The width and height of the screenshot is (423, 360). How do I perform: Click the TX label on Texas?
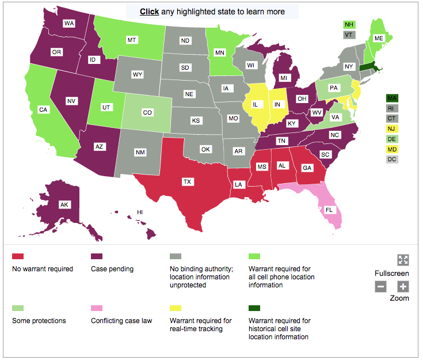187,182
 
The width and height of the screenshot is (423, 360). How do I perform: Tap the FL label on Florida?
329,210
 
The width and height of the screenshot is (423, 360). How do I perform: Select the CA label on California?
43,109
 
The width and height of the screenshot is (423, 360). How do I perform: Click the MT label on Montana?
131,40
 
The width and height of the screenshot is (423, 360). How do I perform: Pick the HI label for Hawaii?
139,213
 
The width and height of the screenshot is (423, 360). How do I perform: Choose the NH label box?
349,24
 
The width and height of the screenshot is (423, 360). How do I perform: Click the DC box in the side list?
392,159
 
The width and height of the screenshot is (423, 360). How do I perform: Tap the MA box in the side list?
392,98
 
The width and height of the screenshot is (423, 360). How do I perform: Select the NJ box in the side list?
392,128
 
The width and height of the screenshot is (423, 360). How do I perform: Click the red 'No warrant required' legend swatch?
18,256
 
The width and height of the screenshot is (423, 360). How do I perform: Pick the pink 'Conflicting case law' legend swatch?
97,308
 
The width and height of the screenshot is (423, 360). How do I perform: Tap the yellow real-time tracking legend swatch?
176,308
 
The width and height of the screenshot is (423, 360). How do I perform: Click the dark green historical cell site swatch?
254,308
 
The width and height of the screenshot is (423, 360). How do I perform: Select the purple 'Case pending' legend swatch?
97,256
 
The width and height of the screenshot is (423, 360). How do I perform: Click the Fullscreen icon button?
403,260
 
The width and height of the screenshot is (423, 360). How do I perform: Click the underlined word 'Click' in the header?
150,12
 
